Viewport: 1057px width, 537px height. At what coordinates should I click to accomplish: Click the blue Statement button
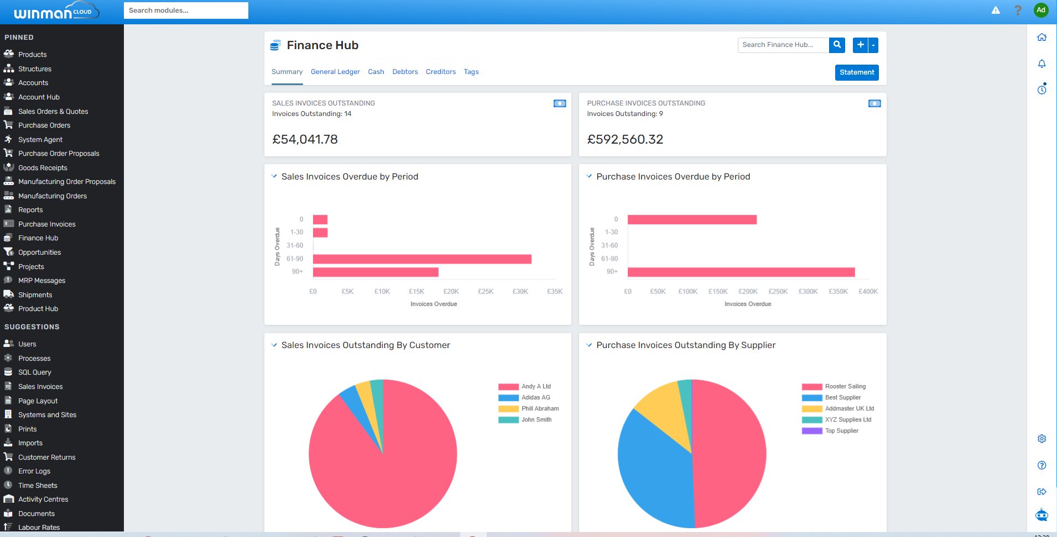[x=856, y=72]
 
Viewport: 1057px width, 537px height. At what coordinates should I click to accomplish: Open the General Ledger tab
[x=335, y=72]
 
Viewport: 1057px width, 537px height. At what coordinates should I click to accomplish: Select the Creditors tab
[x=440, y=72]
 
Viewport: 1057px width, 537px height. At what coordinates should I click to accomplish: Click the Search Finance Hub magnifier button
[x=837, y=45]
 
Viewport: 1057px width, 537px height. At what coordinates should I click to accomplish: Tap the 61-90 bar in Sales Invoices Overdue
[x=421, y=259]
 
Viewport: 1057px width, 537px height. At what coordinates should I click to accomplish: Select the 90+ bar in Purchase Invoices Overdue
[x=741, y=272]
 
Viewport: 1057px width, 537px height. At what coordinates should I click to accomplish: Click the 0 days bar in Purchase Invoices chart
[x=691, y=220]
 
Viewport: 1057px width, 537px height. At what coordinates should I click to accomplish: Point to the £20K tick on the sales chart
[x=451, y=292]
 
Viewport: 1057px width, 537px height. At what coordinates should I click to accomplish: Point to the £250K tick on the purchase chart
[x=778, y=292]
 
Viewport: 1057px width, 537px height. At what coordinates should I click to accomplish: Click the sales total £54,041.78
[x=305, y=139]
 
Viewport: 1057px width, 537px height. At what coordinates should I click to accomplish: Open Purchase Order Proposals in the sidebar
[x=59, y=154]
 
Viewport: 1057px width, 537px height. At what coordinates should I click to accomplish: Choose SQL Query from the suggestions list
[x=34, y=372]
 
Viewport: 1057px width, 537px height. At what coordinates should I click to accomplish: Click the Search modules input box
[x=186, y=10]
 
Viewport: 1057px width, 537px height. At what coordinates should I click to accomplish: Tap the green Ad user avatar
[x=1040, y=10]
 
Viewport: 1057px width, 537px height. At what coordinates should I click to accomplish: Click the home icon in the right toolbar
[x=1042, y=38]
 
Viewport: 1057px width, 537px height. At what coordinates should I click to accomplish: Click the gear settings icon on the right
[x=1042, y=439]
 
